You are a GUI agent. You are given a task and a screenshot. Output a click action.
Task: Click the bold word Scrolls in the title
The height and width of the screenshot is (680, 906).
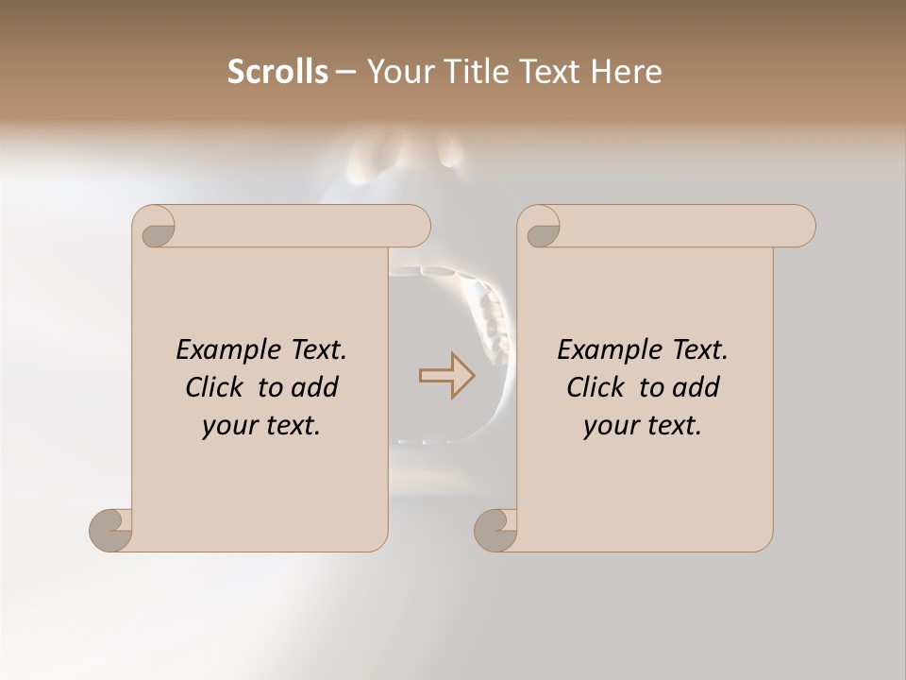coord(277,71)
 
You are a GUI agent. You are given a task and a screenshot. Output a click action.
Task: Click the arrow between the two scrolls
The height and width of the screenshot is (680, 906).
coord(447,376)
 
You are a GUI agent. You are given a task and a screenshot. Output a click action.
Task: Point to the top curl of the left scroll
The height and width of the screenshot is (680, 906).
coord(155,228)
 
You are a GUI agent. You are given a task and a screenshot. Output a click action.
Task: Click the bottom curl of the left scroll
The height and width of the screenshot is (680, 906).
coord(110,530)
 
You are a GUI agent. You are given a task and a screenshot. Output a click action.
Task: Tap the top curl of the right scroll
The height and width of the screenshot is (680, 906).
coord(540,228)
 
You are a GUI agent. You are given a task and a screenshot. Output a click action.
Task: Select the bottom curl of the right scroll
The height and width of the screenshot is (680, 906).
coord(495,530)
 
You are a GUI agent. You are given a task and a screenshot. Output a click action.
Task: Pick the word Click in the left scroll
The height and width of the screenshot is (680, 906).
coord(215,387)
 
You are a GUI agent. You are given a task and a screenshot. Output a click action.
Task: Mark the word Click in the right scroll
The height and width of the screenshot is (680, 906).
coord(596,387)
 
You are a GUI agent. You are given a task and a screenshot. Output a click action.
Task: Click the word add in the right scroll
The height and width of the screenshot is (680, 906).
coord(696,387)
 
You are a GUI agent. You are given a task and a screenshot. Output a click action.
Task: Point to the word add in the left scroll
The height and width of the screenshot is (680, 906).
coord(315,387)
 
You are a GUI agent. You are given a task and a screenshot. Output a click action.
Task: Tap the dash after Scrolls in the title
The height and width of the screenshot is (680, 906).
coord(345,72)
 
